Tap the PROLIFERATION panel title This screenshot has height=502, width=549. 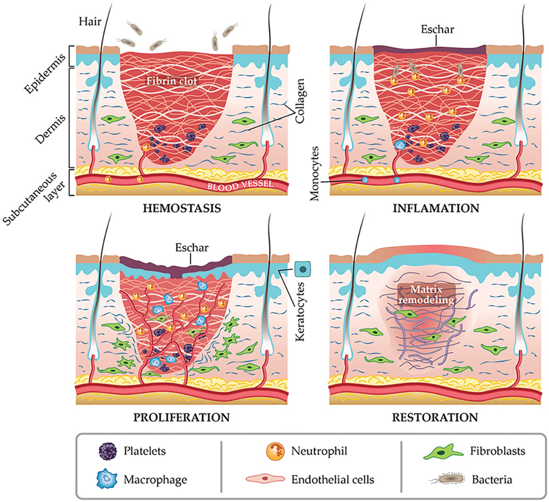coord(181,416)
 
